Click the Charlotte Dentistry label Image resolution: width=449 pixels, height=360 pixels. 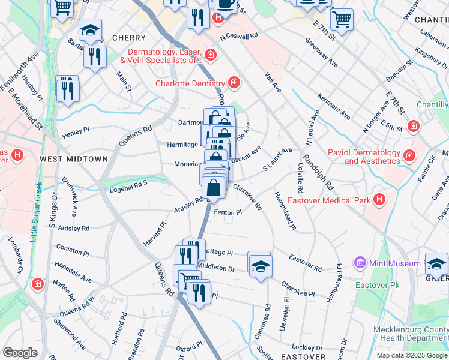coord(190,83)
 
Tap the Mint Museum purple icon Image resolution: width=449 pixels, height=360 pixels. coord(360,262)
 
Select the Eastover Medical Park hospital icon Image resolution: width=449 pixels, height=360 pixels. coord(379,199)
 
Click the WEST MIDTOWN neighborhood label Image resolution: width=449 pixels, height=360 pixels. coord(74,159)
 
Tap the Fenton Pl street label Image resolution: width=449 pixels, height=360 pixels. coord(228,212)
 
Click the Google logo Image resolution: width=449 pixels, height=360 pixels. coord(20,352)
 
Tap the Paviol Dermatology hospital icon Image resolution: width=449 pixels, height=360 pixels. coord(409,156)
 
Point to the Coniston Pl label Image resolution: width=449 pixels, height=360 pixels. coord(72,247)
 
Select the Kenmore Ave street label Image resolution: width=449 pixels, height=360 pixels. coord(334,106)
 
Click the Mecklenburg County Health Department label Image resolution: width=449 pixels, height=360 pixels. coord(411,334)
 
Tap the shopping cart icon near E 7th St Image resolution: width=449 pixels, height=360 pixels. coord(342,19)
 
